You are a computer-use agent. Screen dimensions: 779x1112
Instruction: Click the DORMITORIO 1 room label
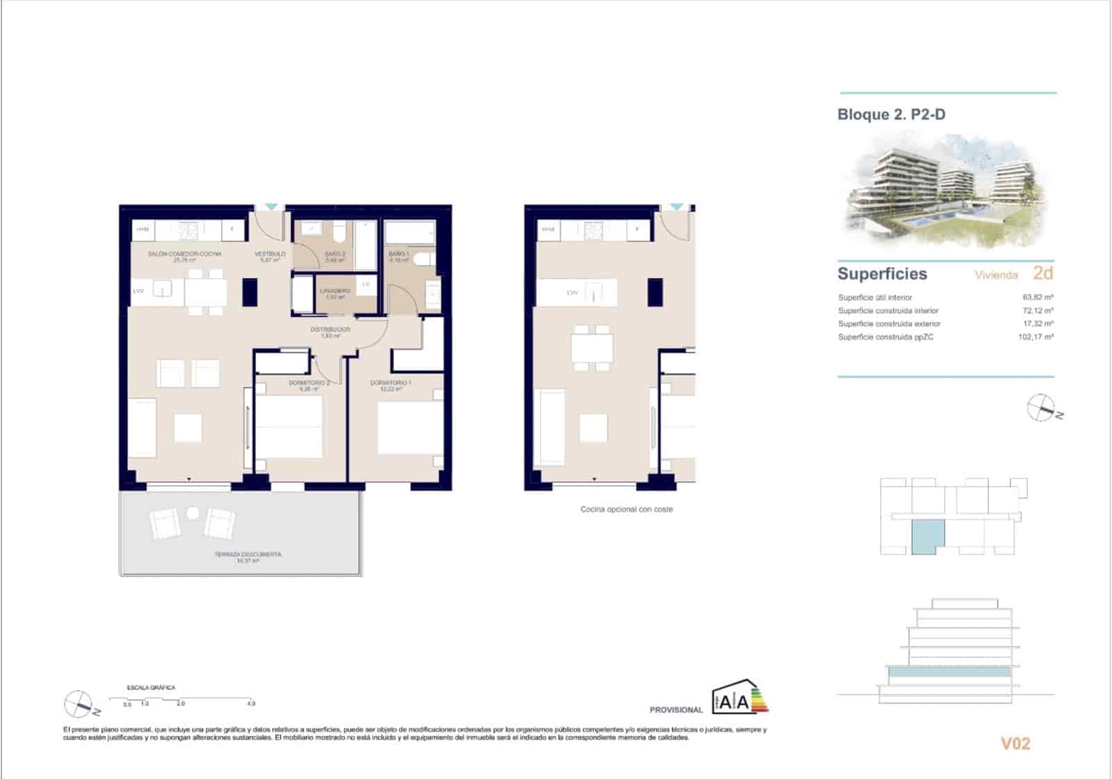tap(391, 383)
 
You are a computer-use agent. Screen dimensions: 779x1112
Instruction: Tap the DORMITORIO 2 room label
tap(309, 383)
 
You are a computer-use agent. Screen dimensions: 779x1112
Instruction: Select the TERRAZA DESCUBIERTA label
tap(247, 555)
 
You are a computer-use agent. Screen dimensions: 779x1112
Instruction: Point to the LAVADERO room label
tap(334, 290)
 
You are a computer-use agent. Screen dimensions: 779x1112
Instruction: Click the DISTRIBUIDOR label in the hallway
tap(330, 329)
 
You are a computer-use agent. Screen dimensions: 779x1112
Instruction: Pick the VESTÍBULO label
tap(270, 254)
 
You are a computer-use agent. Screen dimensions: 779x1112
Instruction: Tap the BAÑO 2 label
tap(334, 254)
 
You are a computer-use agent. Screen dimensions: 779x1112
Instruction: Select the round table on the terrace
tap(193, 514)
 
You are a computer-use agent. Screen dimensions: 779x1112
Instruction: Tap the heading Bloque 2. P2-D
tap(891, 115)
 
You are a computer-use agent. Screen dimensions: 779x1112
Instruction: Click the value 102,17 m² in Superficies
tap(1036, 337)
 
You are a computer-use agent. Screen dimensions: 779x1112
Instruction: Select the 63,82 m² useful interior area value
tap(1038, 297)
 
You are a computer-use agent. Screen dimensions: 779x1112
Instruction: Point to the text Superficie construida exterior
tap(889, 324)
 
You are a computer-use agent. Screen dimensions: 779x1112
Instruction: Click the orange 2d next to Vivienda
tap(1042, 272)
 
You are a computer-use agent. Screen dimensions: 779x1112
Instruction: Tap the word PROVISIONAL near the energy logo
tap(676, 710)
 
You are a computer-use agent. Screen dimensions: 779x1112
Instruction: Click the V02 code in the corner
tap(1015, 744)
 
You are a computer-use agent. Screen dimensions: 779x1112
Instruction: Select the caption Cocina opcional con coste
tap(626, 509)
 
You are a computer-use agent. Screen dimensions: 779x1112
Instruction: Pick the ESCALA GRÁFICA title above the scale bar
tap(151, 687)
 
